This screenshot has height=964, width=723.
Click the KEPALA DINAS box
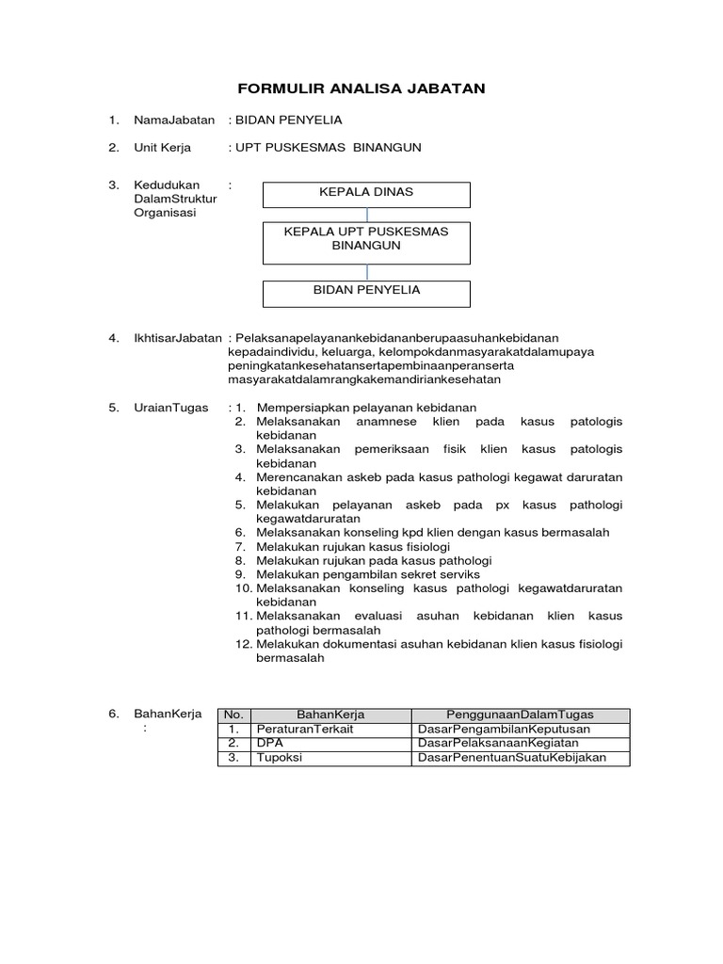click(366, 192)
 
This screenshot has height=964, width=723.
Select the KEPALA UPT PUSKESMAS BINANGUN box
click(366, 238)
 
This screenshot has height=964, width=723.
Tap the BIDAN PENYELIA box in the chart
click(366, 290)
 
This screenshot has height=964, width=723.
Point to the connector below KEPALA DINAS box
click(366, 214)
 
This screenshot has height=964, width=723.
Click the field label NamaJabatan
click(175, 120)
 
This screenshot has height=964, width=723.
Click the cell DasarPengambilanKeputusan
click(503, 729)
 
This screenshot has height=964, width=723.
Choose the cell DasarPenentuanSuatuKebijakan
click(512, 758)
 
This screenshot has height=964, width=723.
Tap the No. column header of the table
click(233, 715)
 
